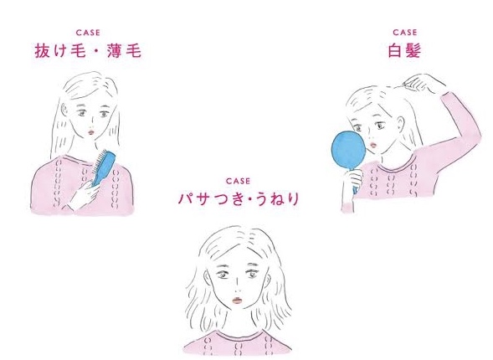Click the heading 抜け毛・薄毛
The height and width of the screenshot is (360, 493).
pos(88,51)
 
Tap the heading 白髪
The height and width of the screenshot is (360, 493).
pos(404,50)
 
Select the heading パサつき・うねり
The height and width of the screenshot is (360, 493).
pos(239,199)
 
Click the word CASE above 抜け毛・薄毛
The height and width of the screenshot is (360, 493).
pos(88,33)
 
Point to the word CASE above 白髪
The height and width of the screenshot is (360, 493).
pos(405,33)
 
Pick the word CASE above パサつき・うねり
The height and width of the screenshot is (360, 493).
pos(239,181)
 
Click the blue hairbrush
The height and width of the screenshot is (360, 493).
pos(103,168)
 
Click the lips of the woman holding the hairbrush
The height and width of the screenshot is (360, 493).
pos(91,131)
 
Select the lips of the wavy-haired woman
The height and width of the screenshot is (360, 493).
pos(237,301)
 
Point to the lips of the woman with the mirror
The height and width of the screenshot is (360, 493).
pos(373,146)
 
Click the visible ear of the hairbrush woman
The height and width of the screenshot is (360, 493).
pos(64,109)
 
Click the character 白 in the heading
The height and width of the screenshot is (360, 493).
pos(396,51)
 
